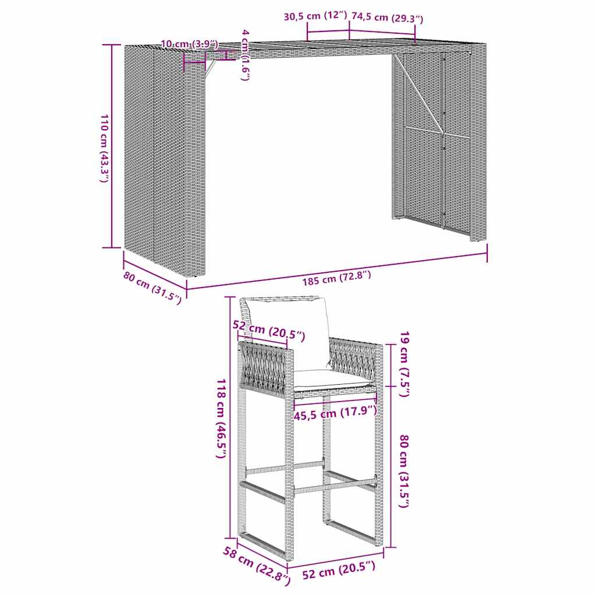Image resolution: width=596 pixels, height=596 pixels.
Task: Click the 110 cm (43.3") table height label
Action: (103, 149)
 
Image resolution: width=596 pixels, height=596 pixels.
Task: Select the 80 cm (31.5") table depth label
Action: (152, 288)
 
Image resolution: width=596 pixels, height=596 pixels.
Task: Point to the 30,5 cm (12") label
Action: (315, 17)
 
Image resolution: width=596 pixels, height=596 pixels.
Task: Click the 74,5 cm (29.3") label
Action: (387, 18)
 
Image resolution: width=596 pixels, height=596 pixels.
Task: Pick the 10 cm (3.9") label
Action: (189, 44)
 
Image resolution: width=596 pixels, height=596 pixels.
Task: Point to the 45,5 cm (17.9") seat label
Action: (335, 413)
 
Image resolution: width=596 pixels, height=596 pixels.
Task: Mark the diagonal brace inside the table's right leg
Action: (422, 105)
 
